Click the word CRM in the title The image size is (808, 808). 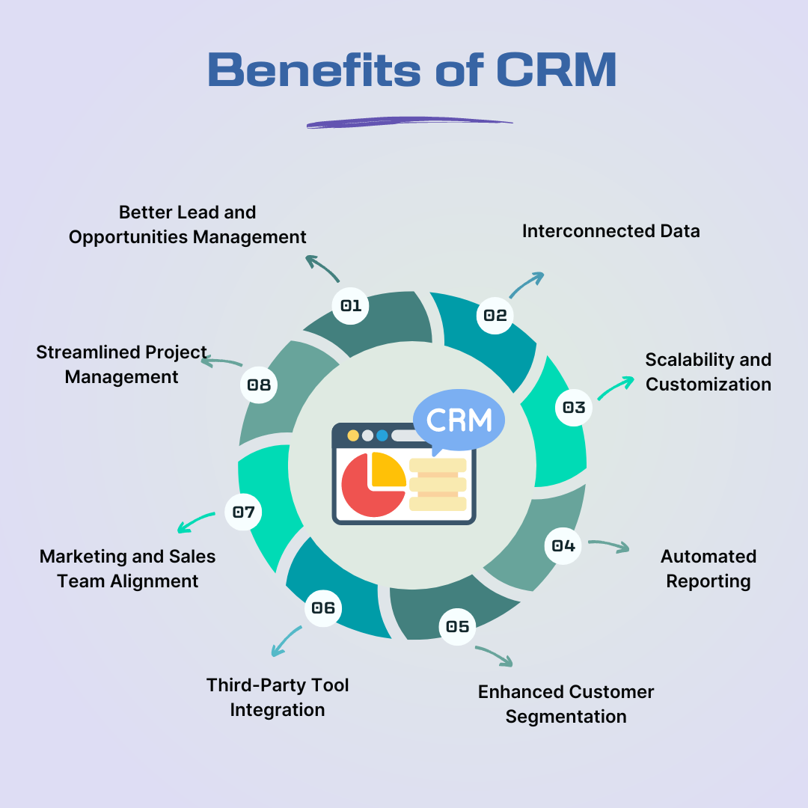pos(555,70)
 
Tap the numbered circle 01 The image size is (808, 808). pos(351,305)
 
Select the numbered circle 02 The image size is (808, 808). pos(495,315)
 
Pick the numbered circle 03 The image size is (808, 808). pos(574,408)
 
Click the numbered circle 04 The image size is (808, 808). pos(563,545)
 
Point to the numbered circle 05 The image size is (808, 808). pos(457,626)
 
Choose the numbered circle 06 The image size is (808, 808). pos(323,608)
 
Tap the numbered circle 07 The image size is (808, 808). pos(244,512)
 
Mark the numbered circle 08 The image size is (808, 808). pos(259,386)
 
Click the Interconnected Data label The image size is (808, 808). pos(610,231)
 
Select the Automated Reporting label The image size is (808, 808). pos(708,569)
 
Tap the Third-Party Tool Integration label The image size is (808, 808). pos(278,697)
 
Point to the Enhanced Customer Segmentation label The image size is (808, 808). pos(566,704)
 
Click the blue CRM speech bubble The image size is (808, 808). pos(459,420)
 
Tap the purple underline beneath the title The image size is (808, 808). pos(409,122)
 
